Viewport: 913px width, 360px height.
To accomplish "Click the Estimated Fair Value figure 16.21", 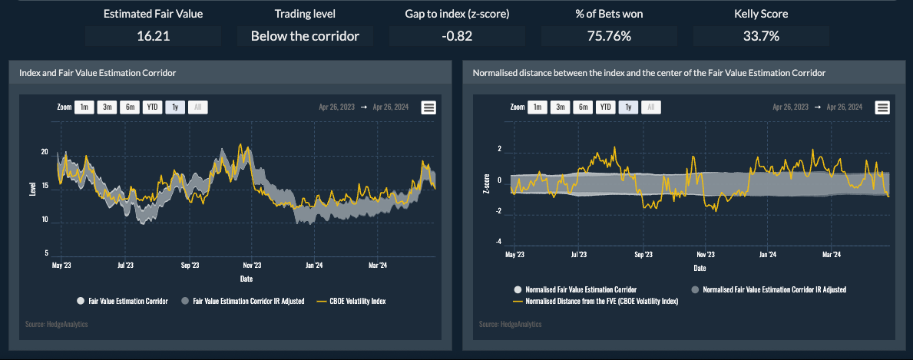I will coord(153,36).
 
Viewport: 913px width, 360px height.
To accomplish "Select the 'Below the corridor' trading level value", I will coord(305,36).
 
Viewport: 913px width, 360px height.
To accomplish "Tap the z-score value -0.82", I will coord(457,36).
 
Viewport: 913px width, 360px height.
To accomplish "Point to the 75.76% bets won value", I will coord(609,36).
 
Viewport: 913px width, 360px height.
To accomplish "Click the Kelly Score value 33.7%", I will coord(761,36).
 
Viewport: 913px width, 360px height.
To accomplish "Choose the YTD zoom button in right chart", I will coord(606,107).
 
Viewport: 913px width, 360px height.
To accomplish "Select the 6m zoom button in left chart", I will coord(130,107).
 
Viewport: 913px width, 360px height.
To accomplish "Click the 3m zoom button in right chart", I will coord(561,107).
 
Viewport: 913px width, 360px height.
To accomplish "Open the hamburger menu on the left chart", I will coord(428,108).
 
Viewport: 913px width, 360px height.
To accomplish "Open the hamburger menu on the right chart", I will coord(882,108).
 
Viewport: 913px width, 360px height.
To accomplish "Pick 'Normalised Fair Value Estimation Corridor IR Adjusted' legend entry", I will coord(768,289).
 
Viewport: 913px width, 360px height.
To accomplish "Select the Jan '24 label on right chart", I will coord(767,254).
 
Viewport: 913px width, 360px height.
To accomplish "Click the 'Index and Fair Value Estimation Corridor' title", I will coord(98,73).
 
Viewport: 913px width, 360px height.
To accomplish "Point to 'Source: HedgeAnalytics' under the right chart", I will coord(510,325).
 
